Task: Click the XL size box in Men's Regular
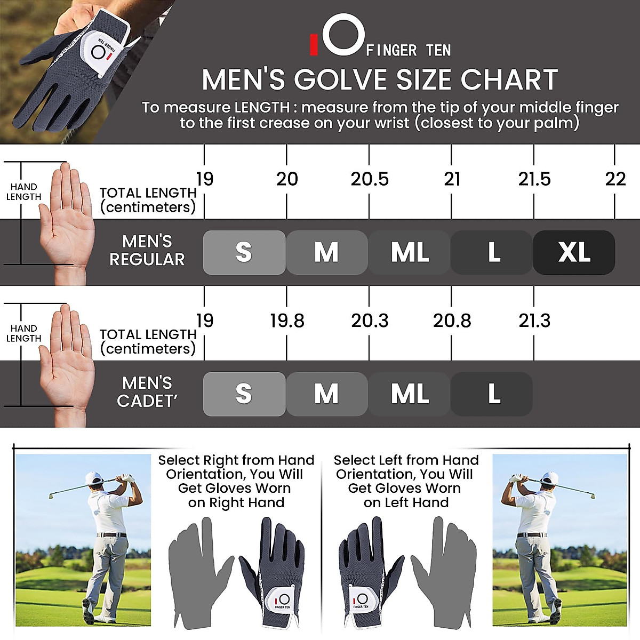[x=574, y=252]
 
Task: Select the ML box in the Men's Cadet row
[x=409, y=394]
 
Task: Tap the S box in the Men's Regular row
[x=244, y=252]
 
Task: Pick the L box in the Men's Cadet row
[x=492, y=394]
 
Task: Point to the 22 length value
[x=615, y=179]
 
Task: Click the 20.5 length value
[x=369, y=179]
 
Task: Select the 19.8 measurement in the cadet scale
[x=287, y=321]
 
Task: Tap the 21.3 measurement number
[x=534, y=321]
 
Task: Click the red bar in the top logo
[x=314, y=45]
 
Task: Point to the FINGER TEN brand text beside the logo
[x=409, y=51]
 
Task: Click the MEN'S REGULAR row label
[x=147, y=250]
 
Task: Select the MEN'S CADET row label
[x=147, y=392]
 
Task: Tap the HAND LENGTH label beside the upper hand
[x=23, y=191]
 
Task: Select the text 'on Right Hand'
[x=236, y=503]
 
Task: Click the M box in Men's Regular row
[x=326, y=252]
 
